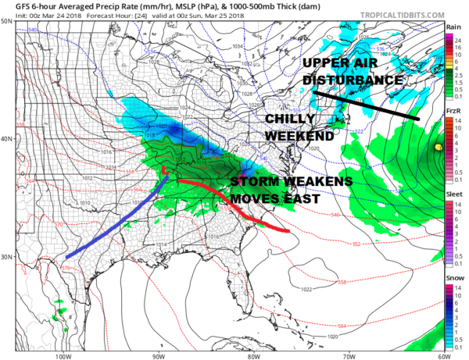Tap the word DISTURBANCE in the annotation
(x=353, y=80)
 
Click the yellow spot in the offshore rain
(x=439, y=147)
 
